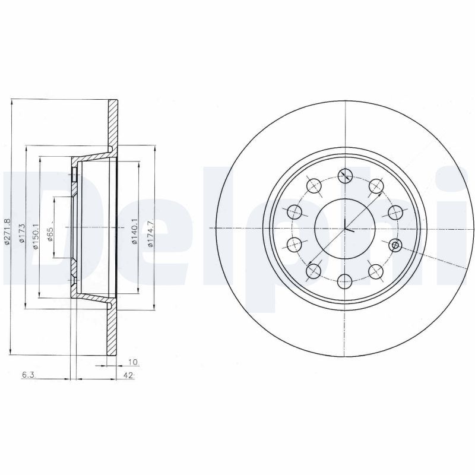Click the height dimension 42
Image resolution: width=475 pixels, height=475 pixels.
pyautogui.click(x=128, y=376)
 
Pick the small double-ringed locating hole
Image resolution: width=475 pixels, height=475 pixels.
pyautogui.click(x=395, y=245)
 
